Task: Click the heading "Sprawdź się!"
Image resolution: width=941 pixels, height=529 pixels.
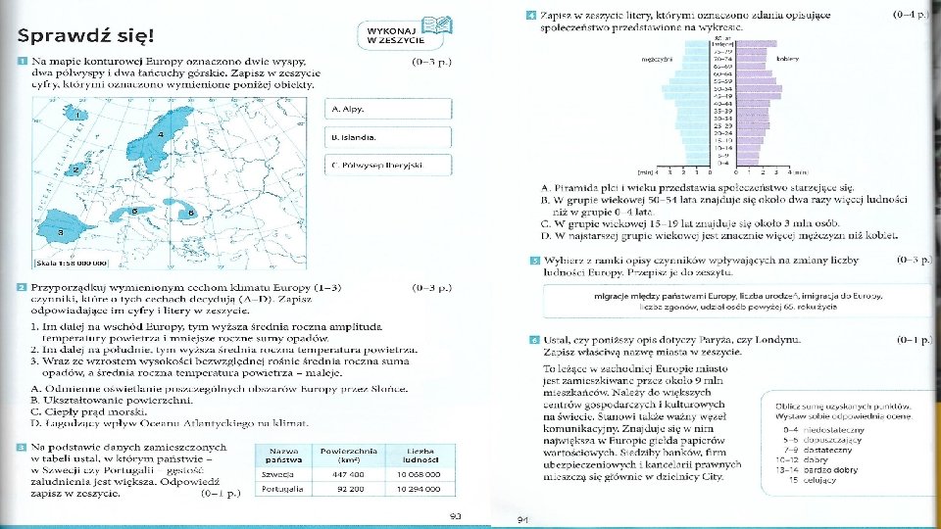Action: [x=85, y=36]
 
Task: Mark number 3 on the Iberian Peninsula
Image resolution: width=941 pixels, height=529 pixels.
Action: [x=62, y=233]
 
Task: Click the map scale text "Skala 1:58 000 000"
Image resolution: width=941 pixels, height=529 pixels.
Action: [x=71, y=264]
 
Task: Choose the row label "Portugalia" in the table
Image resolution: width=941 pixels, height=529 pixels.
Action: [x=279, y=488]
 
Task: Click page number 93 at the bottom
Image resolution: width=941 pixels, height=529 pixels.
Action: [x=456, y=515]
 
